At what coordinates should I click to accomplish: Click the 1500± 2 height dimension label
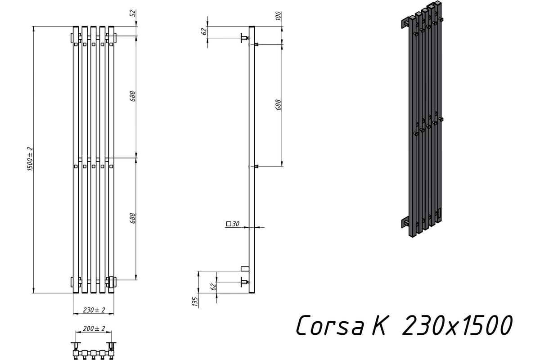pos(30,159)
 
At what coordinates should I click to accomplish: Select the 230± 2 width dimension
pos(94,310)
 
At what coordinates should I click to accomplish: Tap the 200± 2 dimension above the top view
pos(94,328)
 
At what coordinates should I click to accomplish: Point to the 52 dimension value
pos(133,13)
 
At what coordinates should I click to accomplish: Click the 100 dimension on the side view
pos(278,16)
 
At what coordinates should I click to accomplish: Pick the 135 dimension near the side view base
pos(195,301)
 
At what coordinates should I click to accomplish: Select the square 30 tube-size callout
pos(233,224)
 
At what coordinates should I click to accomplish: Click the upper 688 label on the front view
pos(133,96)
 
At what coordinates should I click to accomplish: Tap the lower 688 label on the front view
pos(133,218)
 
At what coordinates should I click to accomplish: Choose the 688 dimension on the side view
pos(278,105)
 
